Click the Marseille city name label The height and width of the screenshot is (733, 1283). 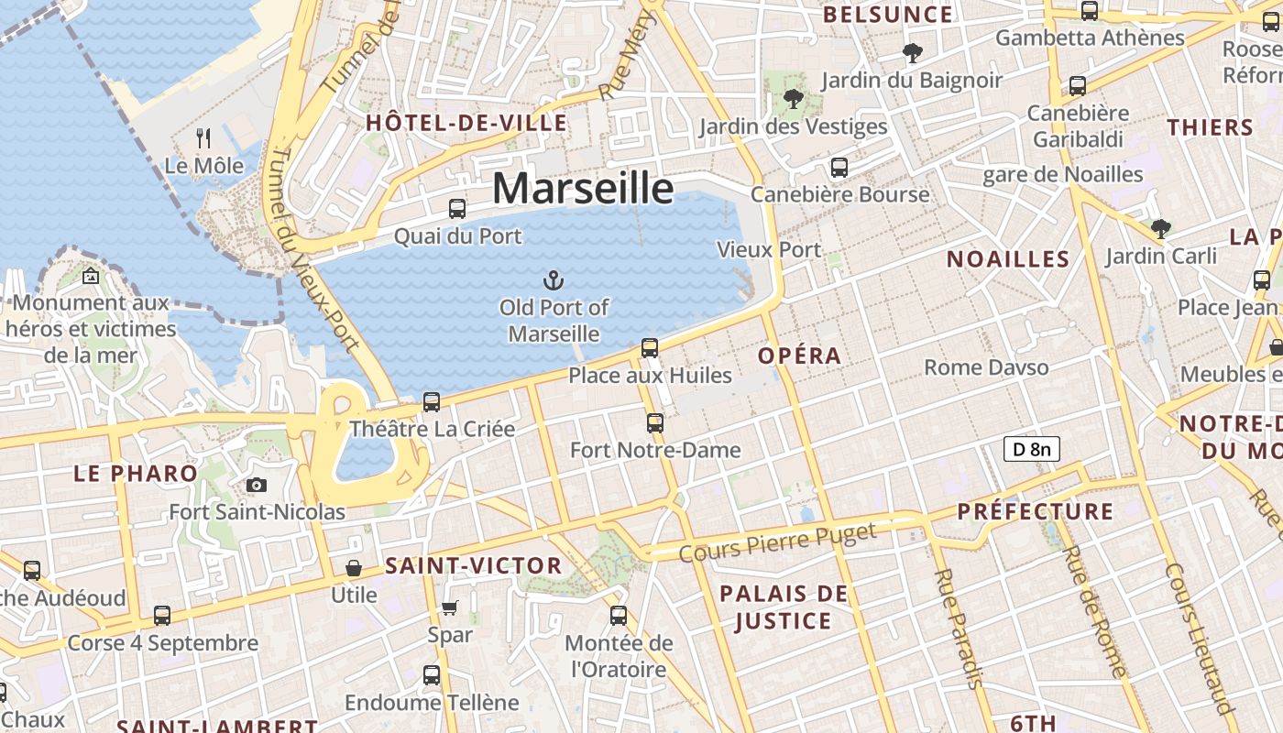583,188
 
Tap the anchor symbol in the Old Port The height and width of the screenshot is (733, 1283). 553,280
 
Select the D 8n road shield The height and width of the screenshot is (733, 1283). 1032,449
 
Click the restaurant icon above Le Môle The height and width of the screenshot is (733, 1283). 203,138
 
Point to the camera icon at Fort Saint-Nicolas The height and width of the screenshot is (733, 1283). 257,485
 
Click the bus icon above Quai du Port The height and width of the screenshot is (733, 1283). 457,209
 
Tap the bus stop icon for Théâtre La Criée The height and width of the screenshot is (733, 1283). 432,401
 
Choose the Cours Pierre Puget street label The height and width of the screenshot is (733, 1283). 778,542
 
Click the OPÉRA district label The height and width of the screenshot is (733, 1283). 799,356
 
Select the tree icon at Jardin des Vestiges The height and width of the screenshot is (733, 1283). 794,99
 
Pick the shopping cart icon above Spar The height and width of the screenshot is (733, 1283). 450,607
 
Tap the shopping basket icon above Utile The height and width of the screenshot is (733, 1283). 354,568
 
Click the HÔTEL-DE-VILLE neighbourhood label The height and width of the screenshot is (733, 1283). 466,123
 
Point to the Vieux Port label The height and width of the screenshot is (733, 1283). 769,249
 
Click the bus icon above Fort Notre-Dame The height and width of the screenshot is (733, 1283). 654,422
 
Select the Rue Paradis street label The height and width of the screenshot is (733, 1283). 959,628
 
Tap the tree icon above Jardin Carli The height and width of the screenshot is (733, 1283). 1161,228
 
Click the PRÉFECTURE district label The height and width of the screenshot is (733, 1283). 1036,511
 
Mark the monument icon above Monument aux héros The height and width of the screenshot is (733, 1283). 91,276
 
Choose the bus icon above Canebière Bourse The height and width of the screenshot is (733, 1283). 839,168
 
